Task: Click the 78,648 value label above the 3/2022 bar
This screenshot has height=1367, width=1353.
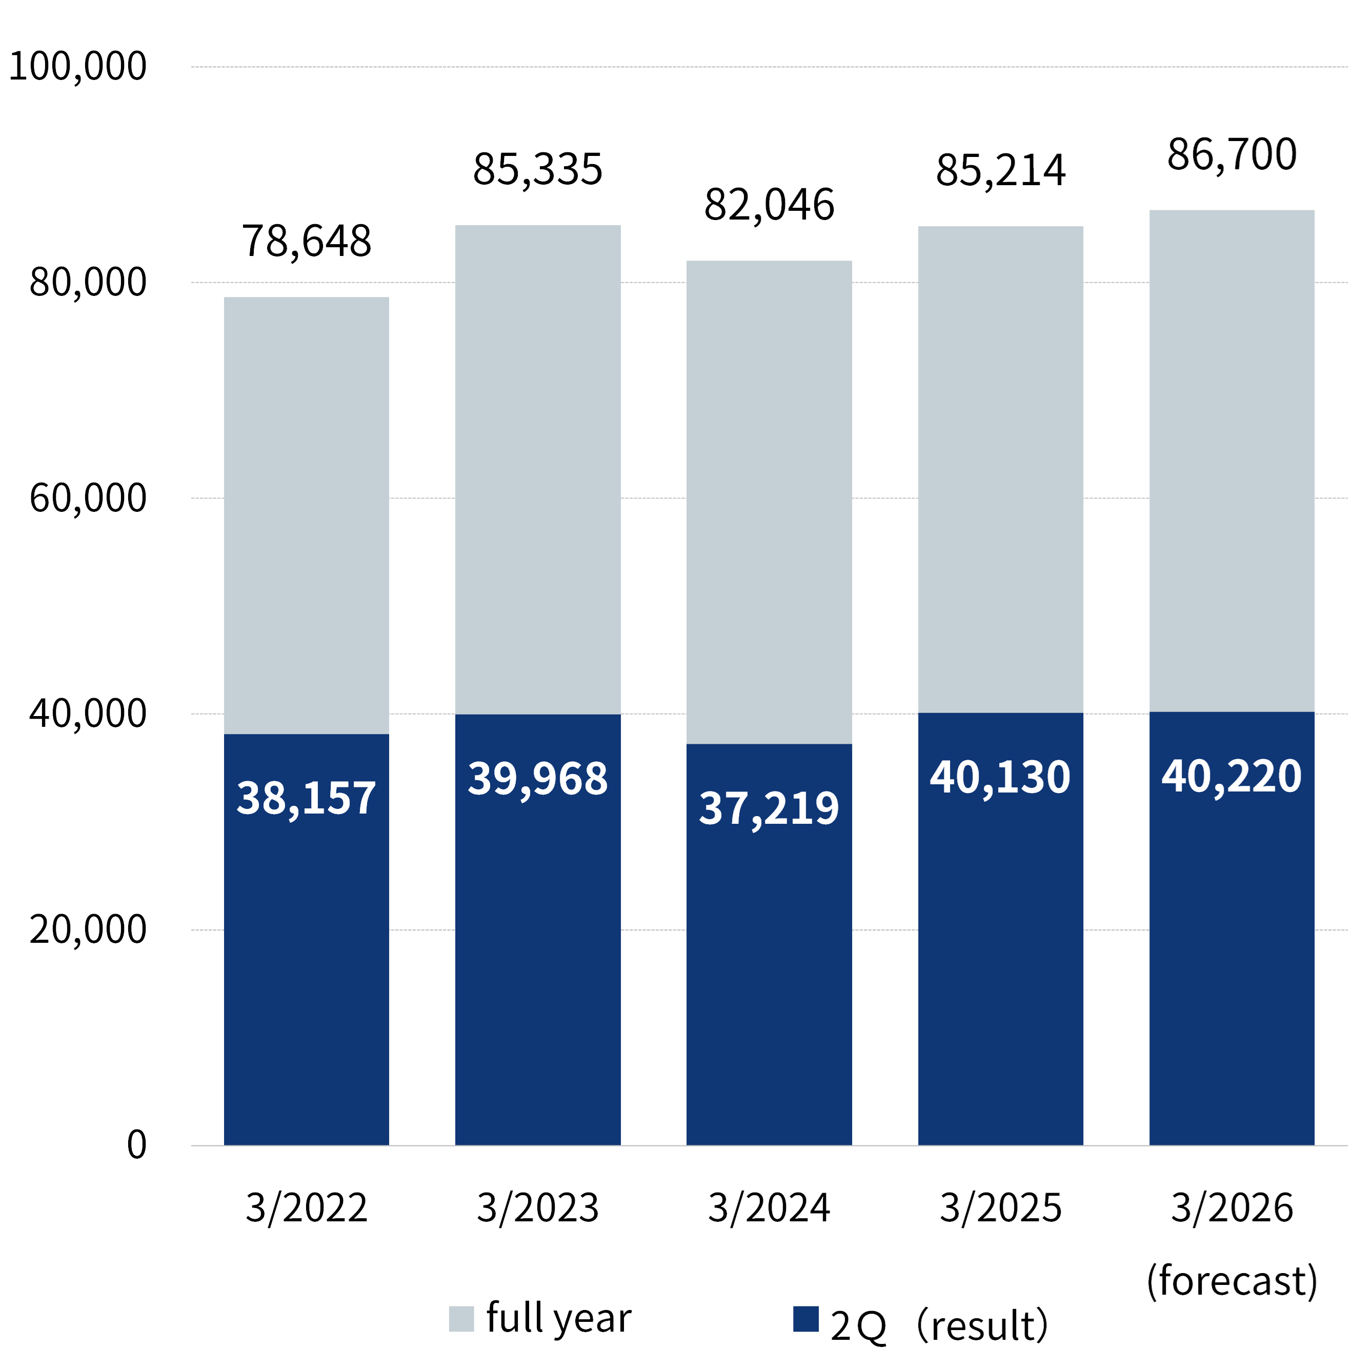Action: click(x=306, y=241)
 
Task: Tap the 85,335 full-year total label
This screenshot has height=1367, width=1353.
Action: click(x=537, y=170)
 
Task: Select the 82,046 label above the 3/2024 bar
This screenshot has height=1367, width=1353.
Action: click(x=769, y=205)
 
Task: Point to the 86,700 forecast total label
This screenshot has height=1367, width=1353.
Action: click(x=1231, y=154)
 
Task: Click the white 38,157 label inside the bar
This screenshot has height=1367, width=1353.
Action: click(x=306, y=798)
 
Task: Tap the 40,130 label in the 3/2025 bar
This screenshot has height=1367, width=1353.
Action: click(x=1000, y=777)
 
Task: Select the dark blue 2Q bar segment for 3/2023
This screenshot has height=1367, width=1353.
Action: click(x=537, y=955)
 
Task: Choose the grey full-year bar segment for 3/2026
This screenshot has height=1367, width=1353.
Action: click(x=1231, y=460)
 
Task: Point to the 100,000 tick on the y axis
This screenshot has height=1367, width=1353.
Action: click(x=78, y=67)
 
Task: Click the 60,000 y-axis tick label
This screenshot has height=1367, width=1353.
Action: click(x=88, y=498)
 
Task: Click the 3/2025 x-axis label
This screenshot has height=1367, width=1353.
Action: click(x=1000, y=1208)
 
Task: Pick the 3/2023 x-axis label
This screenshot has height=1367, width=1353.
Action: click(x=537, y=1208)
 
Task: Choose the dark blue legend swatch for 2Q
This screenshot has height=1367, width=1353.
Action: click(x=805, y=1319)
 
